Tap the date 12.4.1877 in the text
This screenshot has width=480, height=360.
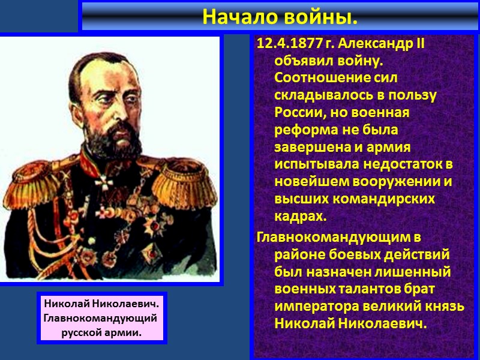tap(287, 45)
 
